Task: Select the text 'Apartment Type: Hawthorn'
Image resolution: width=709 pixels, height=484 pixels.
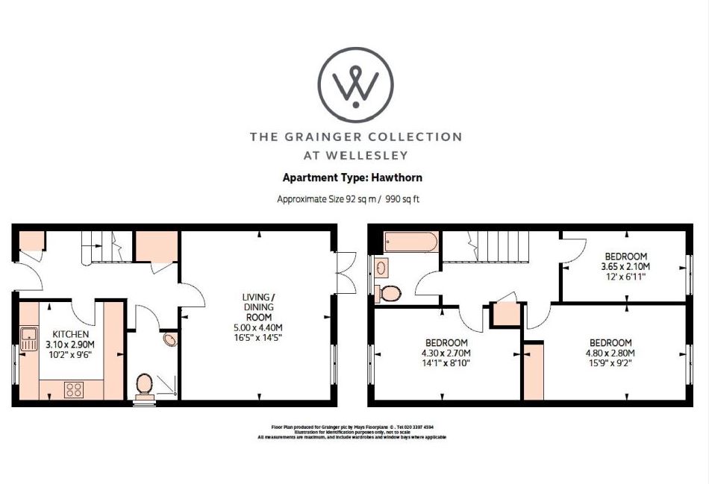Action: pyautogui.click(x=352, y=178)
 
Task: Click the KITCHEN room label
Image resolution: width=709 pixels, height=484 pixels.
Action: pyautogui.click(x=70, y=334)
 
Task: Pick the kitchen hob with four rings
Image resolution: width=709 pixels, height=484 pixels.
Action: pyautogui.click(x=75, y=389)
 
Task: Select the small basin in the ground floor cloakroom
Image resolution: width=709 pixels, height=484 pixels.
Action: pyautogui.click(x=170, y=340)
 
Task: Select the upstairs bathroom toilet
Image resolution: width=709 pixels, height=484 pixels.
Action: pyautogui.click(x=387, y=292)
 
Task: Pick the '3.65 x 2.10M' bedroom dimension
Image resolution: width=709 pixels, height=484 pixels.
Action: pyautogui.click(x=625, y=266)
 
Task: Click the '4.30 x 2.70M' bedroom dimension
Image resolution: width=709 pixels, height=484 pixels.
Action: pyautogui.click(x=446, y=353)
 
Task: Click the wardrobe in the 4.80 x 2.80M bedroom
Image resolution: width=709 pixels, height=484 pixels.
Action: pyautogui.click(x=534, y=371)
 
